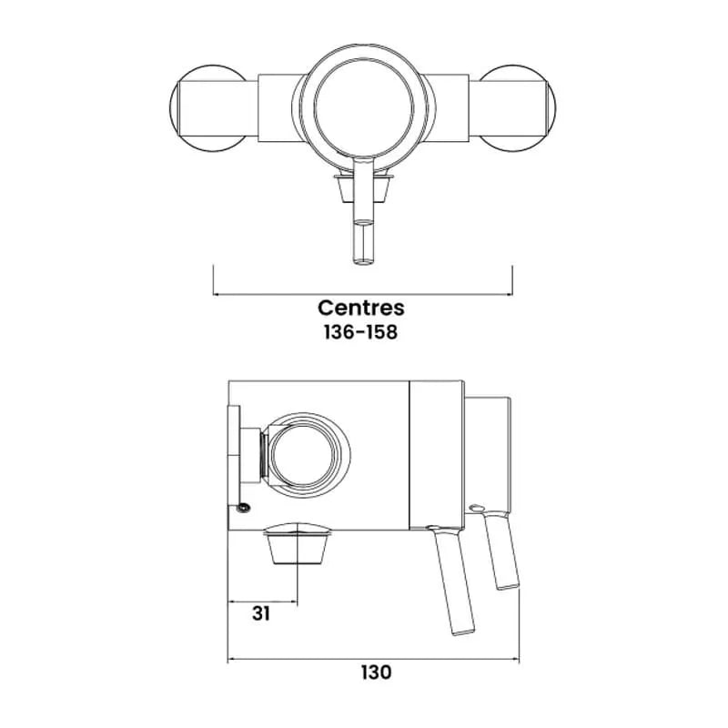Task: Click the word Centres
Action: [360, 308]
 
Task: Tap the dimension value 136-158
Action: [360, 332]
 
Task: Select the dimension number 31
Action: [261, 613]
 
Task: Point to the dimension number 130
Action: [377, 672]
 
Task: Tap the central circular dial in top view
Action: [363, 108]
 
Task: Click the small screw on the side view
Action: [243, 508]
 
